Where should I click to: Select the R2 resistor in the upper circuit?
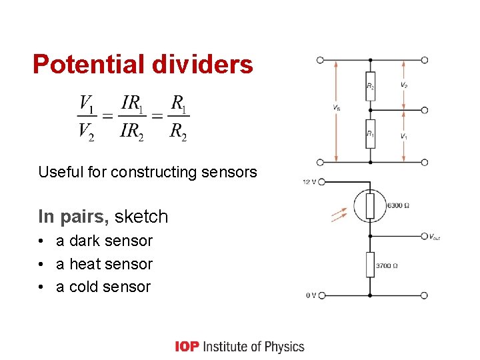coord(371,86)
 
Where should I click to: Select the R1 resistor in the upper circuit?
coord(371,134)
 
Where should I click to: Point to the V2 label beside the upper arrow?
coord(404,85)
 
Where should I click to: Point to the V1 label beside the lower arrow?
coord(404,136)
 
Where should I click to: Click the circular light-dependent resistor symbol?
coord(370,205)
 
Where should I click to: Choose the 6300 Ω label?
coord(399,205)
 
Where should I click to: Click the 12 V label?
coord(309,181)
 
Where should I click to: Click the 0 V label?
coord(311,295)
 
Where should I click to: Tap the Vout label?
coord(434,237)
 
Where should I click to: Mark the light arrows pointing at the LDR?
coord(340,215)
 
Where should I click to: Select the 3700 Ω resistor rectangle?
coord(371,265)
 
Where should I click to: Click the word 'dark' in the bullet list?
coord(85,241)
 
